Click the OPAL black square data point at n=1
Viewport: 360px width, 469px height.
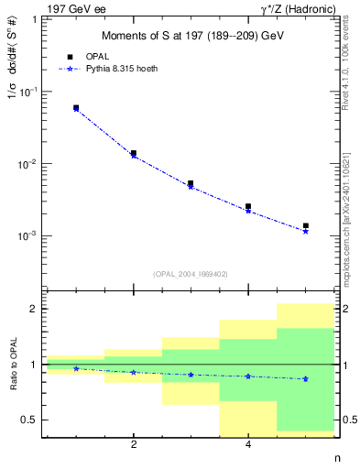click(x=76, y=107)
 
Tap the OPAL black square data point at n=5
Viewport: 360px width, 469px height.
click(x=305, y=225)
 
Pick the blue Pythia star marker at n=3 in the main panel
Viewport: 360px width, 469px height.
click(x=191, y=187)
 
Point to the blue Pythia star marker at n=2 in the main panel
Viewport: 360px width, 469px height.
click(x=134, y=156)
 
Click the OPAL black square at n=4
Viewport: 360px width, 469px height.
click(x=248, y=207)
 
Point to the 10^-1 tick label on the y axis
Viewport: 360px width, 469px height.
click(x=27, y=92)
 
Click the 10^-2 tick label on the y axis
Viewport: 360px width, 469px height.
click(x=27, y=164)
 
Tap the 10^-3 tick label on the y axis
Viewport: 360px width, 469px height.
click(x=27, y=236)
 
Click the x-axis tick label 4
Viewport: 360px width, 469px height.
click(x=248, y=445)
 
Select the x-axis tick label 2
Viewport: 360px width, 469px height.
click(x=134, y=445)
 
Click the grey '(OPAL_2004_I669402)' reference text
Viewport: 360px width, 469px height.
click(x=191, y=273)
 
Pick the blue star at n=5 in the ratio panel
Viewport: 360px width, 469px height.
click(x=305, y=378)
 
